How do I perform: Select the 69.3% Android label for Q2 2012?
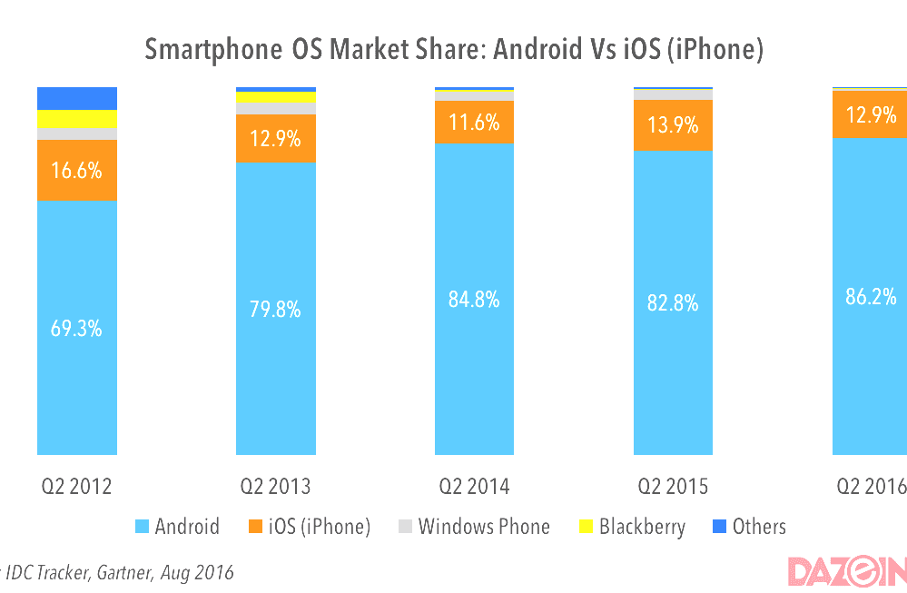(77, 329)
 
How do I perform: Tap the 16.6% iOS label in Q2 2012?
(77, 170)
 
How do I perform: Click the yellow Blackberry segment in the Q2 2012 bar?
(77, 119)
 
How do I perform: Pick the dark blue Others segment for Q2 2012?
(77, 98)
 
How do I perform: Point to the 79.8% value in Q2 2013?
(276, 310)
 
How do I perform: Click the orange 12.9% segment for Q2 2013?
(276, 139)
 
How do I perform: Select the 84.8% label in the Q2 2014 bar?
(475, 299)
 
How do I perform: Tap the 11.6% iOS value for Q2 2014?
(475, 122)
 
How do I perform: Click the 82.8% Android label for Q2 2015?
(674, 303)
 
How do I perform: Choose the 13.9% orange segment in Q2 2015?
(674, 125)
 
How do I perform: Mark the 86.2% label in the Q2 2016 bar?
(871, 296)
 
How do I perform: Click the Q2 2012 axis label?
(77, 487)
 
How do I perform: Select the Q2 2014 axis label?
(475, 487)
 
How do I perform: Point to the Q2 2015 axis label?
(674, 487)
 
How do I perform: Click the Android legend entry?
(177, 527)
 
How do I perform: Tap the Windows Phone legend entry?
(474, 527)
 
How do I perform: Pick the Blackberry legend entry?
(632, 527)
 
